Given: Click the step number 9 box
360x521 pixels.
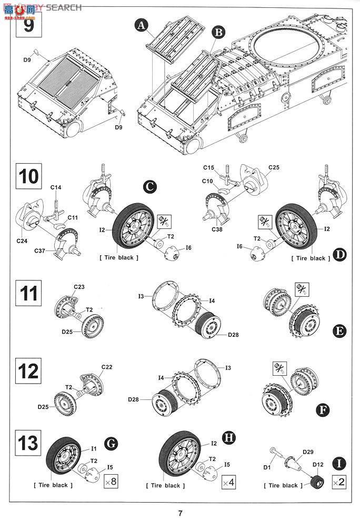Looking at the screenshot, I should click(29, 25).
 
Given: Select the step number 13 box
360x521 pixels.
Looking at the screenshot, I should click(29, 443).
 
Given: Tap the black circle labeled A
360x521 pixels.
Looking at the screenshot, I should click(141, 24).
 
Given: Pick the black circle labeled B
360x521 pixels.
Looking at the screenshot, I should click(218, 32).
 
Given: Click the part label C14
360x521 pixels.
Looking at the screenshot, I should click(56, 187).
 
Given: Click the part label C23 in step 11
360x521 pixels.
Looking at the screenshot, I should click(79, 287).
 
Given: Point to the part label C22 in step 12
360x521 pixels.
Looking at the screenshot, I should click(107, 367).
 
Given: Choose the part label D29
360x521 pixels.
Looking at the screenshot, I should click(308, 452).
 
